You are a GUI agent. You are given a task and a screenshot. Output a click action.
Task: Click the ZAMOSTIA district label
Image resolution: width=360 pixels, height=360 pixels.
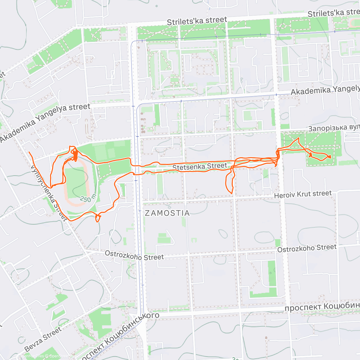[x=167, y=213]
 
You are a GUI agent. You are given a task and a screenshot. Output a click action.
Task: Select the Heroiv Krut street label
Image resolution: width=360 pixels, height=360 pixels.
[x=303, y=194]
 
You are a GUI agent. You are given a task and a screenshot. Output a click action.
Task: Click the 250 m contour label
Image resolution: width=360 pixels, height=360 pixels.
[x=88, y=198]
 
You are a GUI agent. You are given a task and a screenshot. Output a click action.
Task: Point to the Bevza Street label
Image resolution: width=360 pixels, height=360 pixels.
[x=43, y=339]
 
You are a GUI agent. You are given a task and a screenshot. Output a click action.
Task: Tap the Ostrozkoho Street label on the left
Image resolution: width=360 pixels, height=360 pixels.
[x=134, y=255]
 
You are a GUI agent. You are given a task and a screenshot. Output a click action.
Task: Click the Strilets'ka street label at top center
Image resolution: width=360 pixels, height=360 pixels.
[x=197, y=21]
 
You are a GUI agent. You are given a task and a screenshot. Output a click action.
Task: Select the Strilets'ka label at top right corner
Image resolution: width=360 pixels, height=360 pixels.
[x=333, y=13]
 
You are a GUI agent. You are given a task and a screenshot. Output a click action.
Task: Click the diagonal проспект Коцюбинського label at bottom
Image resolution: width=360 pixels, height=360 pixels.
[x=120, y=336]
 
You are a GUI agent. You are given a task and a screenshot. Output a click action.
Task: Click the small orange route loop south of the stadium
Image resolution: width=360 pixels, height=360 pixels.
[x=97, y=218]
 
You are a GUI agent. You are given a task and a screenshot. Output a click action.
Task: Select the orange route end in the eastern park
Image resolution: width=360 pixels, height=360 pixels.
[x=330, y=157]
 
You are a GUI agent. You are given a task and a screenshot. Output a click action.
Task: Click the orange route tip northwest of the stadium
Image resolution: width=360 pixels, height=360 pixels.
[x=29, y=153]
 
